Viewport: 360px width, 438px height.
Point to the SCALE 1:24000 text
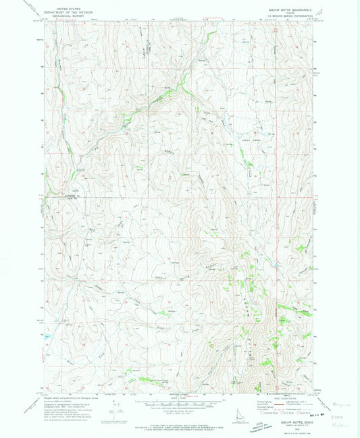[178, 398]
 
